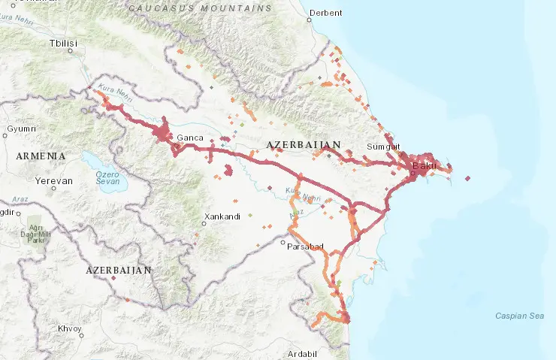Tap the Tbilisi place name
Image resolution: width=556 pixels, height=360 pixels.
pos(63,44)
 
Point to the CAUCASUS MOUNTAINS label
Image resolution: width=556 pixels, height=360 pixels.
pos(200,8)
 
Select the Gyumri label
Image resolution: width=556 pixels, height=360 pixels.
pos(21,129)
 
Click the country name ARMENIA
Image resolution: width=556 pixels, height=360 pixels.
pos(41,156)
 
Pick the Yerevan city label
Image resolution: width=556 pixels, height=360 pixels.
pos(55,181)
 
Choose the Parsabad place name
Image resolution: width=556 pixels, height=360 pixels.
pos(304,247)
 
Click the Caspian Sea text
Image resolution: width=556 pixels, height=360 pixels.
pos(520,316)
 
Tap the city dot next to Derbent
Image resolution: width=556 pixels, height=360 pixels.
pos(310,13)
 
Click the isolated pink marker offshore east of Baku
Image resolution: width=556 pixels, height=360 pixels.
pos(467,179)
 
